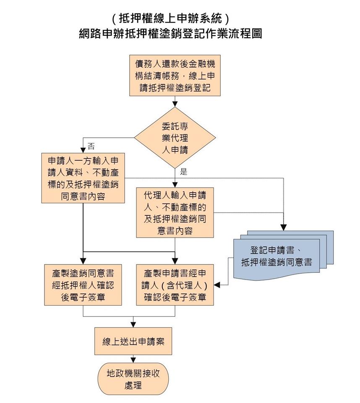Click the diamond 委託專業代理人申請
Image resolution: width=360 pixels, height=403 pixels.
tap(175, 138)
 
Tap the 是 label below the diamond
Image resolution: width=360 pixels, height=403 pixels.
tap(183, 171)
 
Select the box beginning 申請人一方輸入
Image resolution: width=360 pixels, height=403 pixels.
tap(83, 178)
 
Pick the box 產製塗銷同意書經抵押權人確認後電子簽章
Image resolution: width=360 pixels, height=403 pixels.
tap(83, 285)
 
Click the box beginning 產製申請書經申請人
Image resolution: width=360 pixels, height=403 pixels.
tap(175, 285)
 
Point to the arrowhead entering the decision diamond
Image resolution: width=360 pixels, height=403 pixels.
tap(175, 103)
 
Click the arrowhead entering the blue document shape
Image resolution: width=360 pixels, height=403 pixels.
tap(284, 227)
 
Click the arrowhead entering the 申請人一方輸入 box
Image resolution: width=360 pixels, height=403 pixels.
tap(83, 150)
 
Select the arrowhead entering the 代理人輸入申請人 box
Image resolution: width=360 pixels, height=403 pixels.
tap(175, 184)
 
